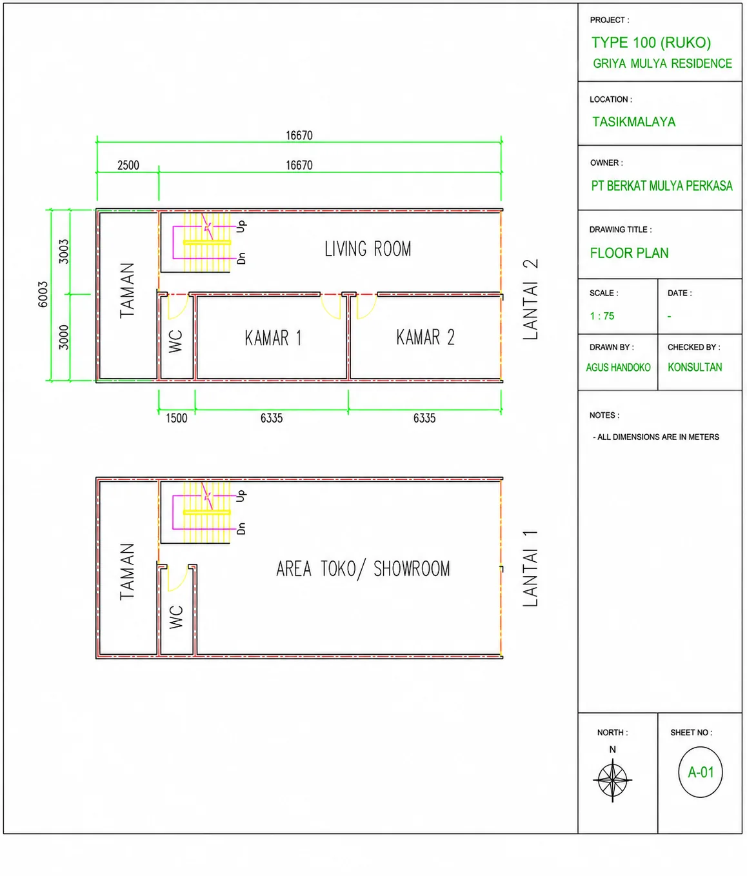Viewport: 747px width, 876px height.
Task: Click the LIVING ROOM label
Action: point(368,249)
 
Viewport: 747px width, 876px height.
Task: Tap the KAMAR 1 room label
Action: point(273,338)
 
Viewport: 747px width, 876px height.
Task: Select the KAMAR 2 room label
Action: point(425,337)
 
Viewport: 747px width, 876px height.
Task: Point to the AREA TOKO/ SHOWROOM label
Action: point(363,569)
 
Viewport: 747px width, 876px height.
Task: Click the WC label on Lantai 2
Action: point(175,341)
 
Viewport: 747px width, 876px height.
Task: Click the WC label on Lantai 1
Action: point(176,617)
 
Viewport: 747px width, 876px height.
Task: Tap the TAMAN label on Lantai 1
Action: point(127,572)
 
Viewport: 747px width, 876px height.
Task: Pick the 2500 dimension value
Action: point(128,165)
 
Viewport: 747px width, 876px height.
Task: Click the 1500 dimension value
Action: point(176,418)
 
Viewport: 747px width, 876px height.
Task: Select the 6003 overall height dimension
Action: point(43,294)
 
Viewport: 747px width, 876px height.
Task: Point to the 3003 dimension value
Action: point(64,252)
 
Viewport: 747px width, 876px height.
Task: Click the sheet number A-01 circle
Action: point(701,772)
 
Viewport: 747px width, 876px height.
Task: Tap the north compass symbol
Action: point(613,780)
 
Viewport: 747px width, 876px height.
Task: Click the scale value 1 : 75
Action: point(602,315)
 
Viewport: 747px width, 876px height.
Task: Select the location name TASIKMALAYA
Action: point(633,122)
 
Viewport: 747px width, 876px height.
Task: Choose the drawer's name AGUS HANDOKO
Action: point(618,367)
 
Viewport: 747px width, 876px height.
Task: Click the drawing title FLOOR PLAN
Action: point(629,253)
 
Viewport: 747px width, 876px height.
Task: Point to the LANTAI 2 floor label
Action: point(530,299)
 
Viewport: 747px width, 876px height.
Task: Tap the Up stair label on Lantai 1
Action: point(241,496)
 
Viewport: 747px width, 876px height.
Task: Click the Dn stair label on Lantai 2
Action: point(241,259)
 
